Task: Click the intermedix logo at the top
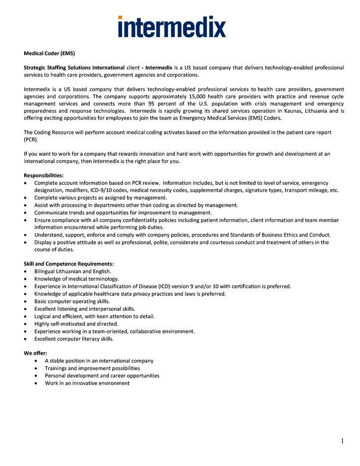172,27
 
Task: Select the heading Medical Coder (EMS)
49,53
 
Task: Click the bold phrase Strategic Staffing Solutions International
74,67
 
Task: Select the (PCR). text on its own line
31,139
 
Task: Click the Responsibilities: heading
44,175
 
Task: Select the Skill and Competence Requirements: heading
69,264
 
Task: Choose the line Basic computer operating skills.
72,301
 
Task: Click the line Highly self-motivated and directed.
76,324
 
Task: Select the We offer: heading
35,353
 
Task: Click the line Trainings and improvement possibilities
92,368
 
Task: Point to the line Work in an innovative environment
87,383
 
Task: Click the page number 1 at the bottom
342,441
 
